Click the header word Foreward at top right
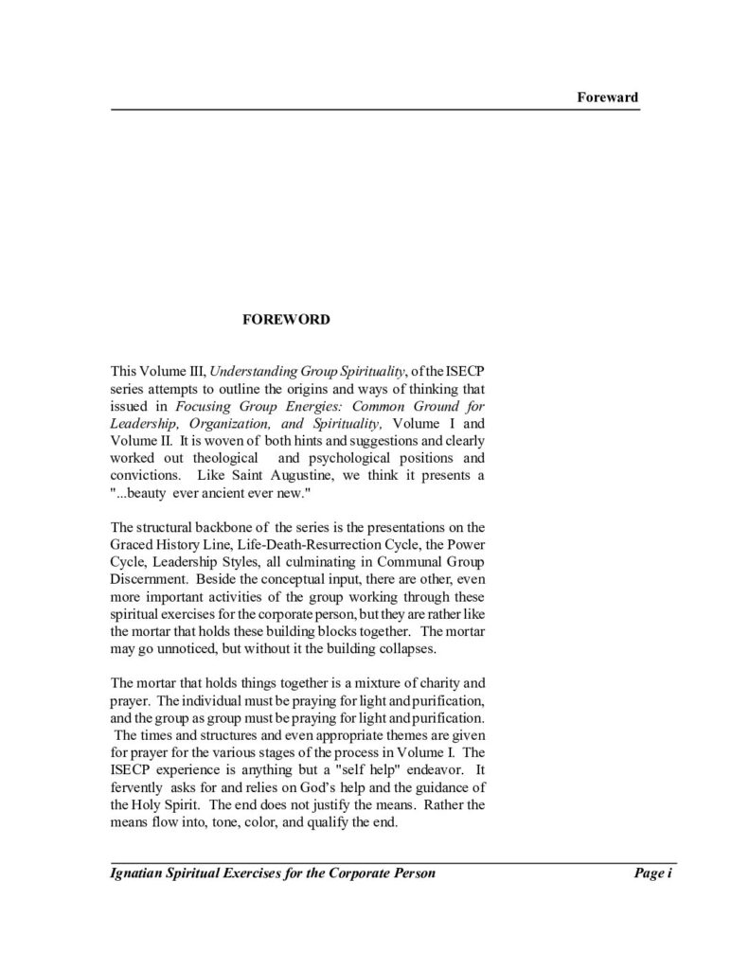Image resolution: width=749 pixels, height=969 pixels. pyautogui.click(x=608, y=97)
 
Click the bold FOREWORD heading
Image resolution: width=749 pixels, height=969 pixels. pyautogui.click(x=287, y=320)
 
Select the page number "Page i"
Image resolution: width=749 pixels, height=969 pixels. pyautogui.click(x=652, y=873)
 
